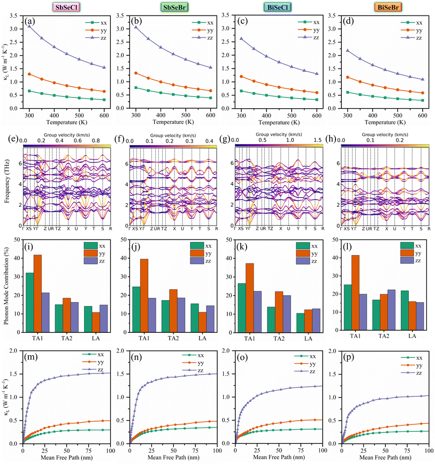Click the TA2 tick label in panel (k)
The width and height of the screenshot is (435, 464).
280,339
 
